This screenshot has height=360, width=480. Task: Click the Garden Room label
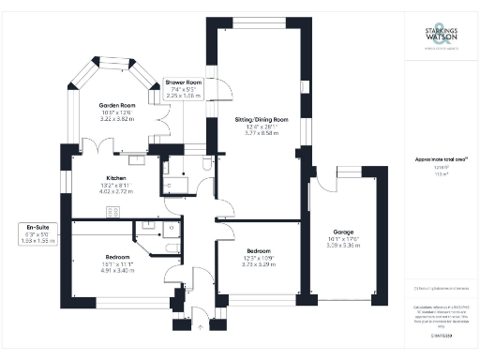[x=118, y=105]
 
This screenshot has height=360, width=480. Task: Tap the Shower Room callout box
[x=185, y=88]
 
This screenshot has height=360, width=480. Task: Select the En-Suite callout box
[x=37, y=232]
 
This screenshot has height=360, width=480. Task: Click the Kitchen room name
[x=116, y=176]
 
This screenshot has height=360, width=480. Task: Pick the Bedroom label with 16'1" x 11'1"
[x=117, y=255]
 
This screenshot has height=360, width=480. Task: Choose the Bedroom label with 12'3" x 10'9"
[x=260, y=251]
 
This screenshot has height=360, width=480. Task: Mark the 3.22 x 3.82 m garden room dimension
[x=118, y=120]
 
